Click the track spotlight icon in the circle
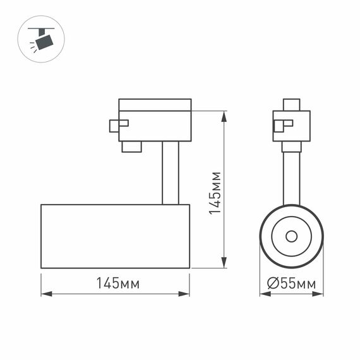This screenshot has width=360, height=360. (42, 39)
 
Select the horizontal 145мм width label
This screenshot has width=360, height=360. (117, 284)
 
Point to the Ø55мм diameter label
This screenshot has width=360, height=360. (291, 284)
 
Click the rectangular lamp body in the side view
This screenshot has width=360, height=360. (115, 236)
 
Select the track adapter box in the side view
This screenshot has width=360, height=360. (155, 120)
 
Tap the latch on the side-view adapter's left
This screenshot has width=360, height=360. (117, 125)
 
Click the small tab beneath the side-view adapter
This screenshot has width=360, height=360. (131, 147)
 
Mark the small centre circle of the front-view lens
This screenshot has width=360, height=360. (291, 236)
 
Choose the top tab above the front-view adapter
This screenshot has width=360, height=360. (291, 105)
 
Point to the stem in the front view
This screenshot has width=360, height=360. (291, 177)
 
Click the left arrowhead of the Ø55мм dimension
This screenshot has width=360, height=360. (263, 294)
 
